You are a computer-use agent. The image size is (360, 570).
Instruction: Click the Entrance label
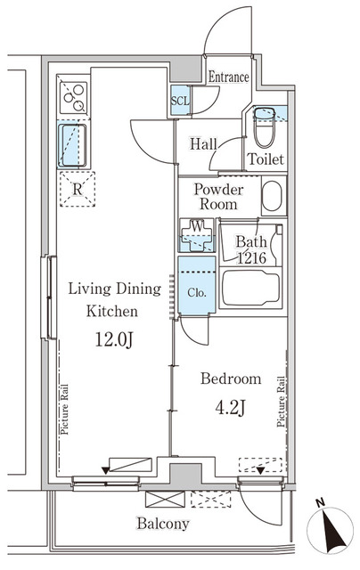tap(229, 77)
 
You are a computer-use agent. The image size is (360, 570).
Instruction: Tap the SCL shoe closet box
tap(180, 101)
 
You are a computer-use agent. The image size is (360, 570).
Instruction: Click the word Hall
tap(203, 144)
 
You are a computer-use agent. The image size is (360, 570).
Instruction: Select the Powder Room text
tap(218, 197)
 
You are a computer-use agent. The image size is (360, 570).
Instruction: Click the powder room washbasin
tap(272, 196)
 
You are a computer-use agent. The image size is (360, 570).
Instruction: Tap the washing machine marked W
tap(197, 235)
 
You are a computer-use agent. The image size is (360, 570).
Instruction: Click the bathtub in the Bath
tap(251, 288)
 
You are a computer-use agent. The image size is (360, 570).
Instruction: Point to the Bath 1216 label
tap(251, 249)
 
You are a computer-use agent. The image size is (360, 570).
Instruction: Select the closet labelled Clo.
tap(197, 285)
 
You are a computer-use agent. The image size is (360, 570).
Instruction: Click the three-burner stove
tap(74, 97)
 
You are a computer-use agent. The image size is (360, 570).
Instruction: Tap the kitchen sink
tap(72, 144)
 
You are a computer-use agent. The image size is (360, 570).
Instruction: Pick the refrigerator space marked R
tap(78, 189)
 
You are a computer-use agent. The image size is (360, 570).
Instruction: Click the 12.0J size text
tap(114, 340)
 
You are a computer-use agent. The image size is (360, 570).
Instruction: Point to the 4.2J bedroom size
tap(231, 408)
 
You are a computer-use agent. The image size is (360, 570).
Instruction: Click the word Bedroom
tap(231, 379)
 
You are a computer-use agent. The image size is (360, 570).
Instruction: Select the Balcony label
tap(163, 524)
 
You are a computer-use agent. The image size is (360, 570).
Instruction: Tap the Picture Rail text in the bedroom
tap(281, 402)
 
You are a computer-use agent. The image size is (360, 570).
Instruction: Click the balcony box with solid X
tap(165, 499)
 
